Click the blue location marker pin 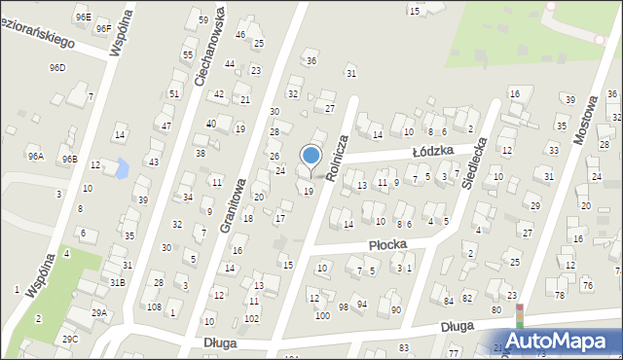click(311, 157)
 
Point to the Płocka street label click(386, 245)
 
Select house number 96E click(83, 17)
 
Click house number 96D click(57, 67)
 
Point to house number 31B click(117, 281)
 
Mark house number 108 click(154, 306)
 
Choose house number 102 click(251, 318)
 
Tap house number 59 click(202, 19)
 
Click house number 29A click(99, 312)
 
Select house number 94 click(362, 305)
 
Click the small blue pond click(121, 167)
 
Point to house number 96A click(35, 156)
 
